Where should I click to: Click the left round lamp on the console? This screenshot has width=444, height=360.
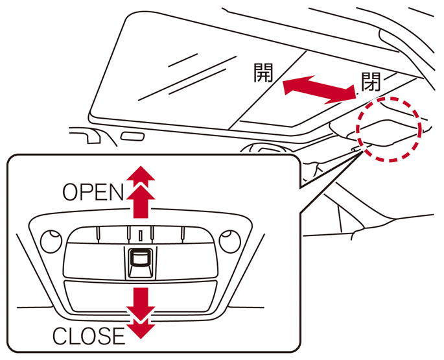pos(49,242)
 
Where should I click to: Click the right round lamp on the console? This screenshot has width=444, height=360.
pos(229,241)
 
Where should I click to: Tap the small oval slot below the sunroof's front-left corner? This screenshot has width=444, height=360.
pos(133,138)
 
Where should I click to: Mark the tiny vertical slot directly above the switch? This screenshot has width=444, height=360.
pos(139,234)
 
